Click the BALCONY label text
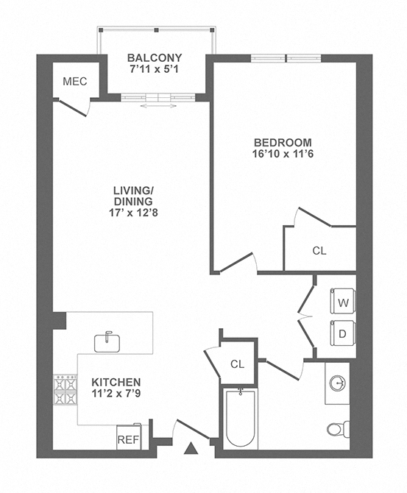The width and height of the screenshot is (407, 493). click(x=155, y=58)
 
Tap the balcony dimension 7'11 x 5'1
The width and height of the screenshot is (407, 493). click(x=155, y=71)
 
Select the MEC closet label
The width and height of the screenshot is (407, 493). click(x=75, y=81)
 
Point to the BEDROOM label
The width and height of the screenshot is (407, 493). click(x=283, y=142)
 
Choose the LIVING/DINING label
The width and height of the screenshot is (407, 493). click(x=132, y=196)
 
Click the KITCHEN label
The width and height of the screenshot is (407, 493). click(x=116, y=383)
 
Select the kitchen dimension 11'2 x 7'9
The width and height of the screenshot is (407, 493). click(x=116, y=395)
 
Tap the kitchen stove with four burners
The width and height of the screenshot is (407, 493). click(x=65, y=391)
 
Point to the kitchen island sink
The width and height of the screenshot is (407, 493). click(x=107, y=341)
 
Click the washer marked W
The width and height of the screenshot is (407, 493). click(x=342, y=302)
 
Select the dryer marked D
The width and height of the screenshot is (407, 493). click(x=342, y=333)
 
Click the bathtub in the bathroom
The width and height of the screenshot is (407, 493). click(x=240, y=418)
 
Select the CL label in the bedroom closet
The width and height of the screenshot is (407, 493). click(x=319, y=250)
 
